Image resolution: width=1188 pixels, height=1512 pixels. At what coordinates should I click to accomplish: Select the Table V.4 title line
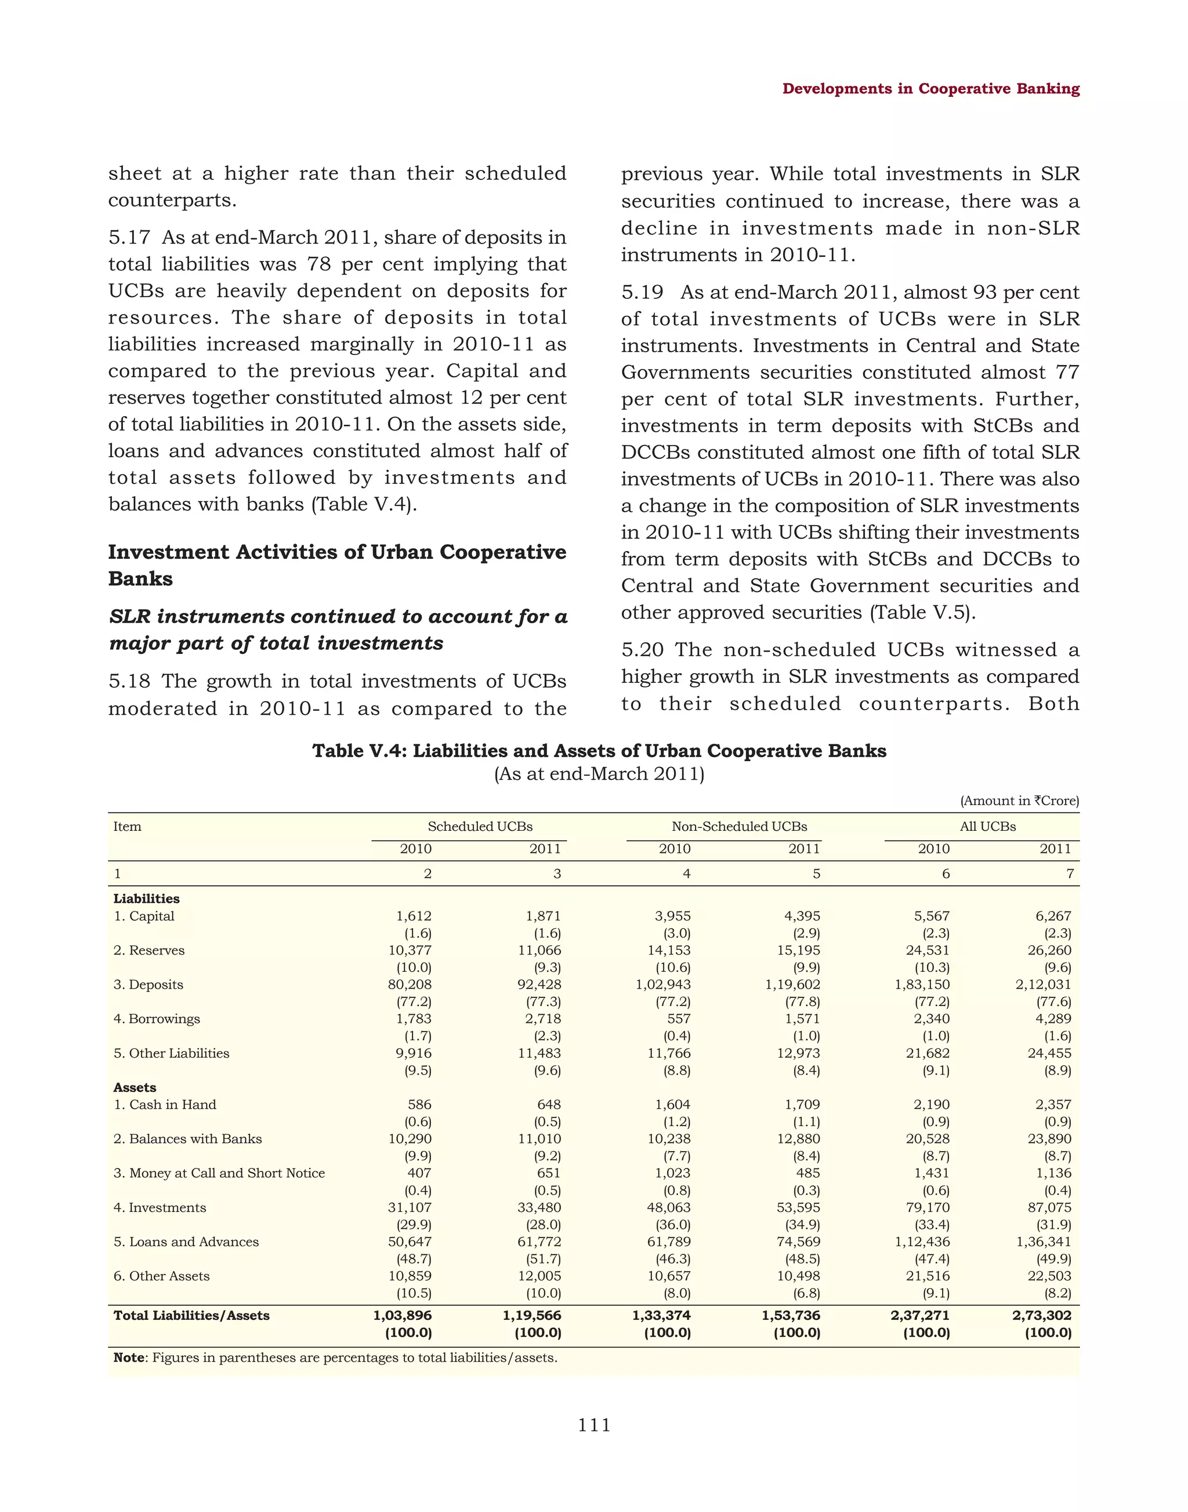[599, 751]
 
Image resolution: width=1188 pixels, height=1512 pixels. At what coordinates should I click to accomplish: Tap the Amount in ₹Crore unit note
[1020, 801]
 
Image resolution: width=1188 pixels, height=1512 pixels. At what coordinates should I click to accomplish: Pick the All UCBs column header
[988, 827]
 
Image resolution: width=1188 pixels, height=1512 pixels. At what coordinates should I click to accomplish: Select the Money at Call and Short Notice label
[219, 1173]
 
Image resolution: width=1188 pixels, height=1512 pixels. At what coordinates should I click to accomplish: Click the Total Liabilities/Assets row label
[191, 1316]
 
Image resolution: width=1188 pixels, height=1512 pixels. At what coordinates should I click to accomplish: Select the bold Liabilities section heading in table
[146, 899]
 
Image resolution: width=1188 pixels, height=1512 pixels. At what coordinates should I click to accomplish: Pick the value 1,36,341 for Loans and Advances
[1047, 1242]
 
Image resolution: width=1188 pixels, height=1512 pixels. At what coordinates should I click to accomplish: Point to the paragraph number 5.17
[129, 237]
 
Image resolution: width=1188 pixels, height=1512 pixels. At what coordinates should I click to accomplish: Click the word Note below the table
[129, 1358]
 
